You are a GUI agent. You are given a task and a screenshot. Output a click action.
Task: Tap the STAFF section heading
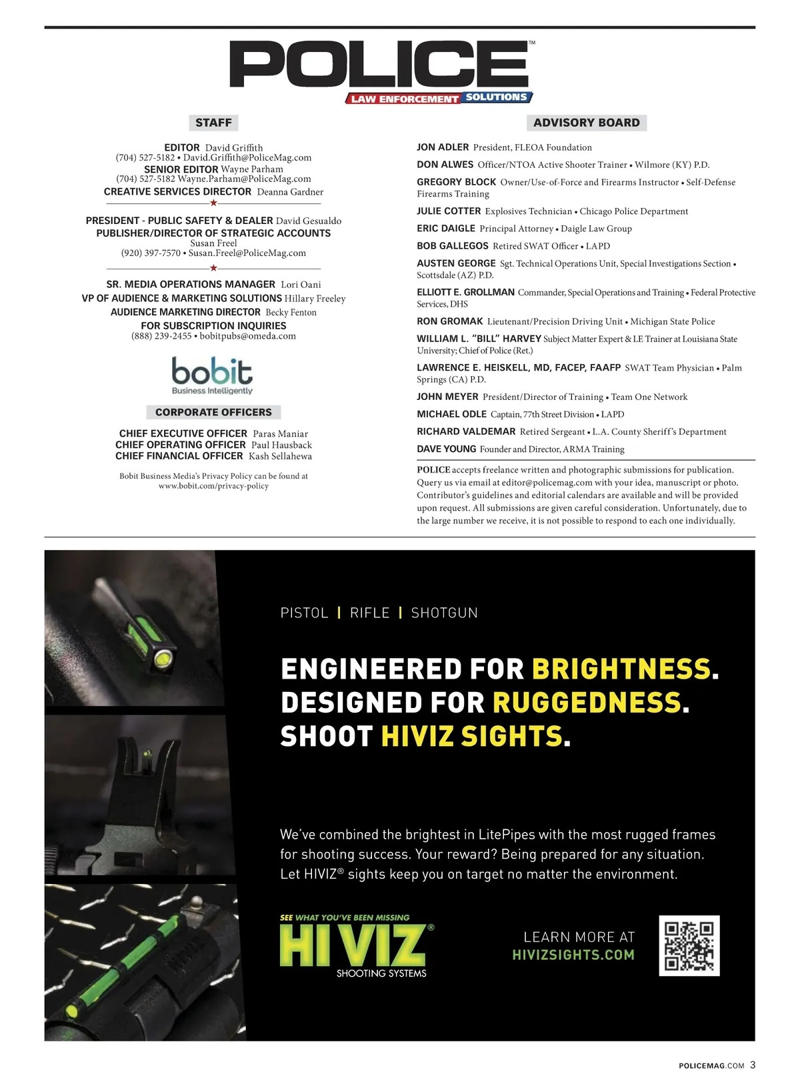(x=213, y=123)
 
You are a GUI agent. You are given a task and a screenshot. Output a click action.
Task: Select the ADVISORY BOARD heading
(x=586, y=123)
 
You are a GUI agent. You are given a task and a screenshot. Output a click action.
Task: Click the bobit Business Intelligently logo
(x=212, y=375)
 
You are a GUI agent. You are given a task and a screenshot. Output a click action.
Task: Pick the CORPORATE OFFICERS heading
(x=213, y=412)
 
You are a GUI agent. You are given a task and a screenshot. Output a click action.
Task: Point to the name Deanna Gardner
(x=290, y=192)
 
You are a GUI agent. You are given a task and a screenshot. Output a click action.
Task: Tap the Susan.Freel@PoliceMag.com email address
(x=247, y=253)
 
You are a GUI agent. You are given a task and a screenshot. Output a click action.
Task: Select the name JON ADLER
(x=443, y=147)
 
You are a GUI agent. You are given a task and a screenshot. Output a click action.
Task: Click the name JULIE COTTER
(x=449, y=211)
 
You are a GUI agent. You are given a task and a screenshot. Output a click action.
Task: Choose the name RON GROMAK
(x=449, y=321)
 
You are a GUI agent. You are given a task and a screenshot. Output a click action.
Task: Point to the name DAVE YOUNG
(x=446, y=449)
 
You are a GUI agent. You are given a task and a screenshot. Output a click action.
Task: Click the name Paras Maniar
(x=280, y=434)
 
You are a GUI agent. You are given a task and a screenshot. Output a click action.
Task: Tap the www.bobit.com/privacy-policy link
(x=213, y=486)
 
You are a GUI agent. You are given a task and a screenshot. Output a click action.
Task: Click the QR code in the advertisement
(x=689, y=945)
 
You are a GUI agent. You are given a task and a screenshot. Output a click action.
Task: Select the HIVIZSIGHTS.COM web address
(x=573, y=955)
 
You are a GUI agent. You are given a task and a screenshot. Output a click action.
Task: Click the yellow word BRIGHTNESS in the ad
(x=621, y=669)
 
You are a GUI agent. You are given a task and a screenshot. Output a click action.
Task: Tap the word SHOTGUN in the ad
(x=444, y=613)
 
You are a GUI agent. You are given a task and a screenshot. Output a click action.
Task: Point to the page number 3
(x=753, y=1065)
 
